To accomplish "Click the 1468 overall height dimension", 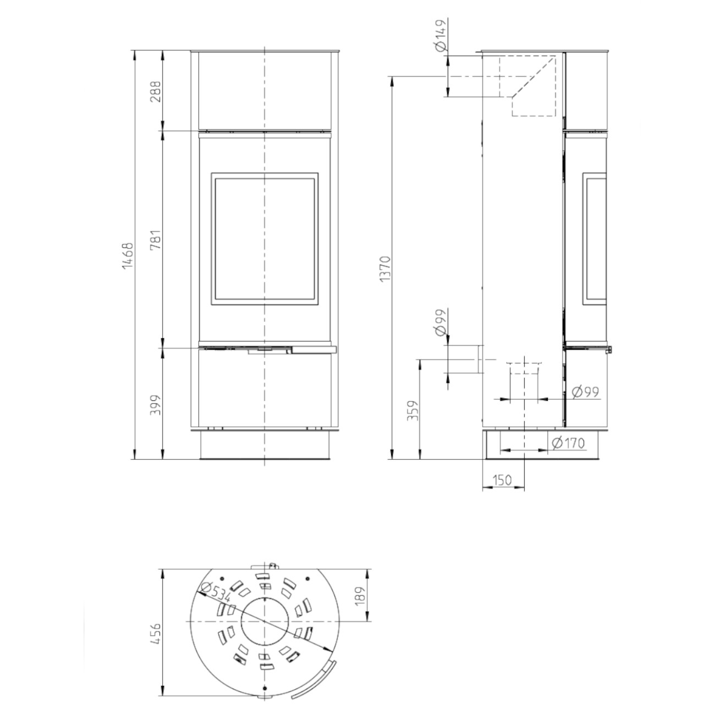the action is click(127, 256).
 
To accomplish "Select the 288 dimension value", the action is click(156, 91).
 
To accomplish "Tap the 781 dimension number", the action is click(156, 239).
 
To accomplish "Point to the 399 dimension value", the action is click(156, 404).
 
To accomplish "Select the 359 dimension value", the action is click(413, 410).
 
